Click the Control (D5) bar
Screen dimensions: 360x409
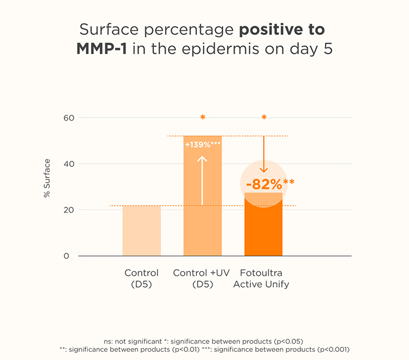coord(141,231)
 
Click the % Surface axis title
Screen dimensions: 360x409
coord(47,178)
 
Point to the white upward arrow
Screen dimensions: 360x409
coord(202,180)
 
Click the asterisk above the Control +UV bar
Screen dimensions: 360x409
coord(203,118)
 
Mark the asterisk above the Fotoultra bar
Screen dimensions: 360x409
coord(264,118)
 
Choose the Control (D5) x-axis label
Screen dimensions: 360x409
coord(141,278)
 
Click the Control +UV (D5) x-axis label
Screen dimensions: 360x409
coord(201,278)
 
